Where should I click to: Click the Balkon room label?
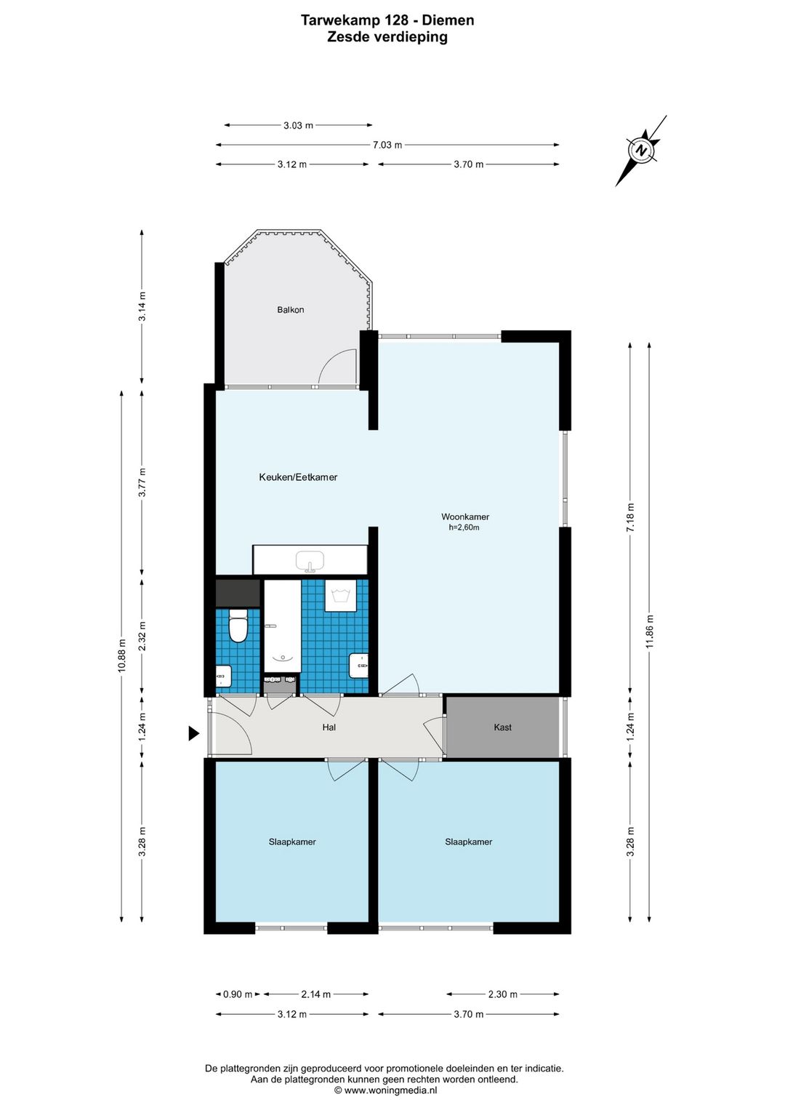tap(290, 310)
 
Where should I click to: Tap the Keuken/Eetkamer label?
tap(298, 477)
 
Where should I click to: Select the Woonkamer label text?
tap(465, 517)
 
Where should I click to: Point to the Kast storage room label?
tap(502, 727)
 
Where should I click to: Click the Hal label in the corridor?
tap(329, 727)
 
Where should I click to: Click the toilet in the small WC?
tap(238, 626)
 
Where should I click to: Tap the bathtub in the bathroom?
tap(282, 626)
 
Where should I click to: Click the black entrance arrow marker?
tap(193, 733)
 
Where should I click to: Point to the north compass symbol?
tap(641, 150)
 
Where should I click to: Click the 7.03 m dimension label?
tap(387, 145)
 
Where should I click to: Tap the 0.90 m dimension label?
tap(238, 994)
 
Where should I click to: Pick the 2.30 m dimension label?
tap(503, 994)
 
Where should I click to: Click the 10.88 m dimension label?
tap(122, 655)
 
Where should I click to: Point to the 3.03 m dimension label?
tap(298, 125)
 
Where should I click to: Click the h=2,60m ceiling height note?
tap(464, 528)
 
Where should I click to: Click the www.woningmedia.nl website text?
tap(391, 1090)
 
